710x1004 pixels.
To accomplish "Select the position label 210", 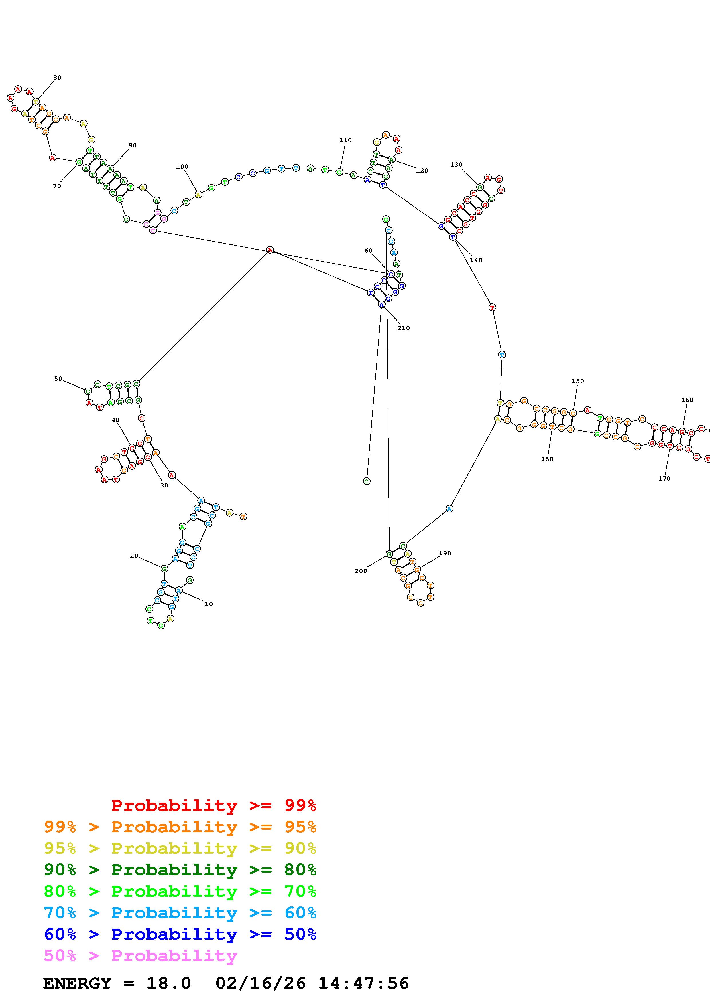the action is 403,328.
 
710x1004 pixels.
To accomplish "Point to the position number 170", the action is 664,478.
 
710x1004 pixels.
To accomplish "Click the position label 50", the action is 58,379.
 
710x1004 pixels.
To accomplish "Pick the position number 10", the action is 209,604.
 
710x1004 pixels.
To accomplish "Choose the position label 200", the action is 361,571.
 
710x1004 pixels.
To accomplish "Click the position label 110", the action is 346,140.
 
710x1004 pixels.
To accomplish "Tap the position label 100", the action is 182,167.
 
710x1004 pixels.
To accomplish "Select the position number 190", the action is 445,553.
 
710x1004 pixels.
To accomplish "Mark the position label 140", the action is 476,260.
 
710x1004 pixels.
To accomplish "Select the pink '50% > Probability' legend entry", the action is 140,956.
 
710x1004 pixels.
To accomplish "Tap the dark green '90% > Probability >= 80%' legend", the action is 180,870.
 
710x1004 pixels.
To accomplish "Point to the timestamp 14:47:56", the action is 363,983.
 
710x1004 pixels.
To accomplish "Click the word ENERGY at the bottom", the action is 77,983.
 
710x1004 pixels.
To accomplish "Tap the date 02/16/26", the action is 261,983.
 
